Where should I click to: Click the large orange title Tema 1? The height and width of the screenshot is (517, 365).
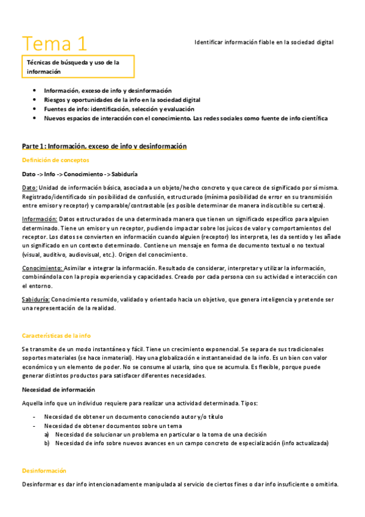[x=55, y=43]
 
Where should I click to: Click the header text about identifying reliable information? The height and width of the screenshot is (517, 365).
[x=264, y=42]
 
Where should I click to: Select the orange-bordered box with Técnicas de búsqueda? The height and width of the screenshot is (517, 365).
[x=77, y=66]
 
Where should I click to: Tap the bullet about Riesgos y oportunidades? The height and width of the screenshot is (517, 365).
[x=122, y=99]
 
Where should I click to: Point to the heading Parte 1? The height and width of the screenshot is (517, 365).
[x=104, y=146]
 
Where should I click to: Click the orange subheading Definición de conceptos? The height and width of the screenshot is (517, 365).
[x=55, y=160]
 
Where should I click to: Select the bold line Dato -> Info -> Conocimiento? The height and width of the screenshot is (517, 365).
[x=80, y=174]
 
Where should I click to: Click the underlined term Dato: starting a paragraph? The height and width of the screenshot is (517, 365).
[x=30, y=188]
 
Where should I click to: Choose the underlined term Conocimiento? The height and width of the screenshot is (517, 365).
[x=42, y=268]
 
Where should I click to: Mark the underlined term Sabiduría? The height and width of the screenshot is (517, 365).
[x=35, y=299]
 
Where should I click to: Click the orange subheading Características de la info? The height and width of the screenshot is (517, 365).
[x=56, y=335]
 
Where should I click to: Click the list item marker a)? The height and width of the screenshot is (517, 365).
[x=47, y=434]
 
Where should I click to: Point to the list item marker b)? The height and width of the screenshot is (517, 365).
[x=47, y=443]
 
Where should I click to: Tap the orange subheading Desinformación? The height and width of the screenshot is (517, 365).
[x=44, y=471]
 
